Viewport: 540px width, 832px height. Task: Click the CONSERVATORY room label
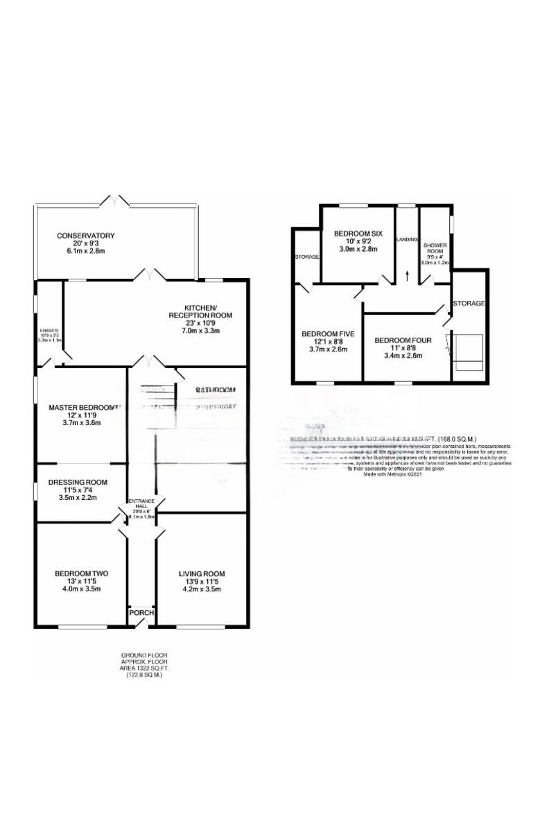[85, 236]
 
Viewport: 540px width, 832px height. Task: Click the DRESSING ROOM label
[77, 483]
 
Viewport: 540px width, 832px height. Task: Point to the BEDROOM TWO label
[81, 573]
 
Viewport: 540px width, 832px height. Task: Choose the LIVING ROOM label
[202, 573]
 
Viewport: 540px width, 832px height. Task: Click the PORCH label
[141, 613]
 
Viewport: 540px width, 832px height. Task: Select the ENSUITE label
[49, 331]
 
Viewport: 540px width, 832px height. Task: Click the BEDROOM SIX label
[357, 233]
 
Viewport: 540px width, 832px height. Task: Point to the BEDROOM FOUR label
[399, 340]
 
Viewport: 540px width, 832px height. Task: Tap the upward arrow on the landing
[407, 276]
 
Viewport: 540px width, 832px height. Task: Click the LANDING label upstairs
[407, 239]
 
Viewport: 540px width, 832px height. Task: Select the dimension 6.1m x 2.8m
[85, 251]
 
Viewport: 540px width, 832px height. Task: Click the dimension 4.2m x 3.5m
[202, 589]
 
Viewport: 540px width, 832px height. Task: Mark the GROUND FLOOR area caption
[144, 665]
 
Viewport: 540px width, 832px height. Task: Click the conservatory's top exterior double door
[115, 201]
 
